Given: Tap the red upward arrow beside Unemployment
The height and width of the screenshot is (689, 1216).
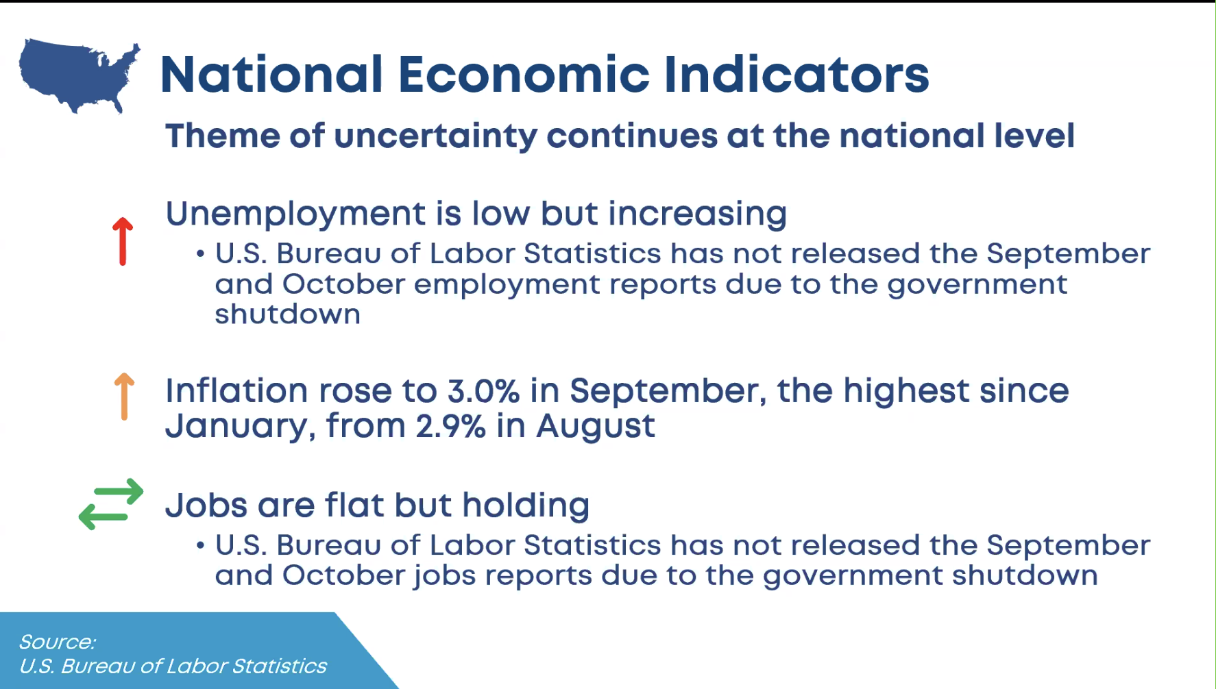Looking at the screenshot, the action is click(x=123, y=241).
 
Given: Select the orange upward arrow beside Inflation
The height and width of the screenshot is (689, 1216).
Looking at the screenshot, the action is click(x=124, y=396).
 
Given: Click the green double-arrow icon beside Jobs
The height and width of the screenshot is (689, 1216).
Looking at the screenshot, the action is click(x=111, y=504).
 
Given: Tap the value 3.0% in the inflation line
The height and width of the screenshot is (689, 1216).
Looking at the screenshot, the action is click(x=483, y=391).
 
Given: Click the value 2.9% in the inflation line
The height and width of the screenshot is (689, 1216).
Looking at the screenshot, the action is click(x=451, y=426).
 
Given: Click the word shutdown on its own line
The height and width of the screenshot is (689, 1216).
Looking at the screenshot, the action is click(x=288, y=314).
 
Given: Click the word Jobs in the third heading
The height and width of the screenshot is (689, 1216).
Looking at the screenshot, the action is click(x=206, y=505).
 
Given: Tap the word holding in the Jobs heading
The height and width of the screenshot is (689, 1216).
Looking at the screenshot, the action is click(x=526, y=505).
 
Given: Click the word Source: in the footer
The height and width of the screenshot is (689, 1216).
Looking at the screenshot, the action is click(x=58, y=642).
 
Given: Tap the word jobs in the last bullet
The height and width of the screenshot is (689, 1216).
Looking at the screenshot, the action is click(x=445, y=576).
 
